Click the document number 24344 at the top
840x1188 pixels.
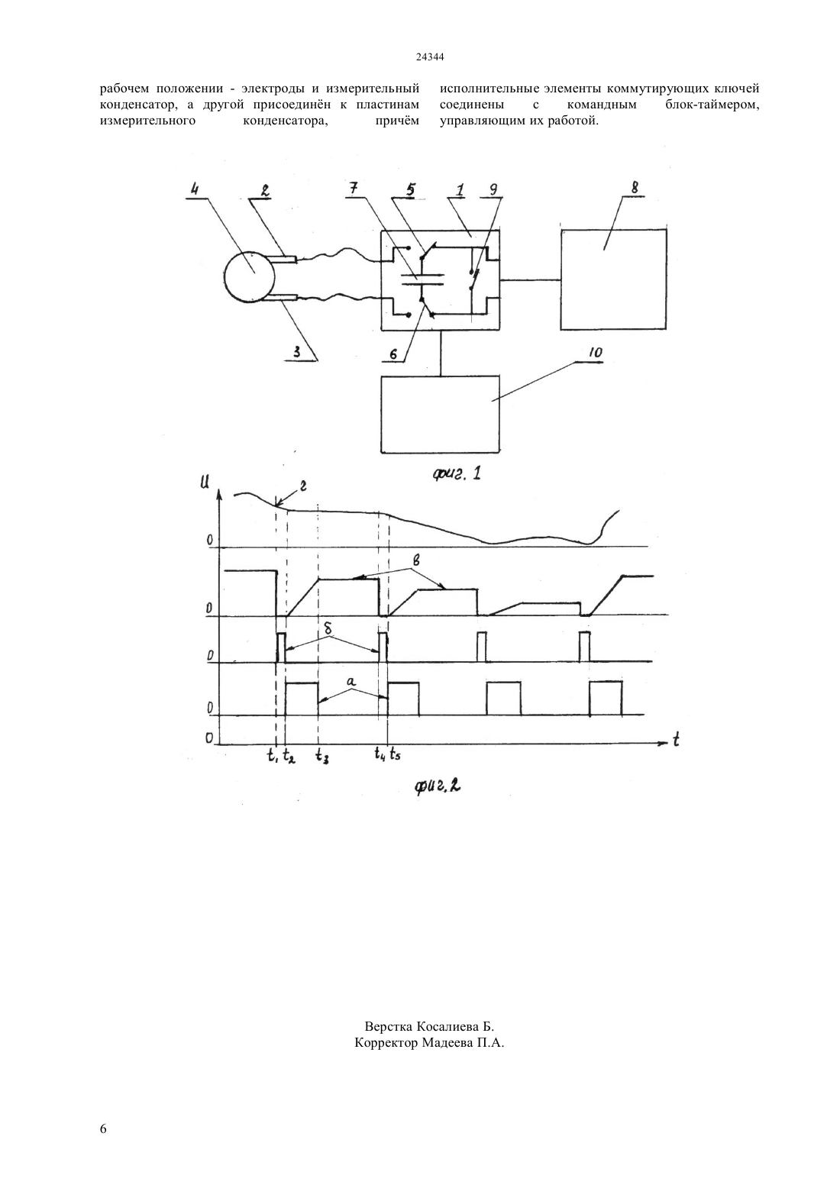point(429,58)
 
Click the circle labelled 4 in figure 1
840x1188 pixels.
point(249,277)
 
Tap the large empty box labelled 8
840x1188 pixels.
point(613,279)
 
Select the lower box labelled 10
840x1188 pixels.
point(440,415)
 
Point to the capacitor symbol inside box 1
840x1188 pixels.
point(422,279)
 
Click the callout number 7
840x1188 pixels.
point(354,189)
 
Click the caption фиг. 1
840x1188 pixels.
point(457,473)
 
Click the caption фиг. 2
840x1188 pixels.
point(438,786)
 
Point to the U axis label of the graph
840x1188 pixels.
point(205,482)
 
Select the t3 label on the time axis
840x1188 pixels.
point(321,755)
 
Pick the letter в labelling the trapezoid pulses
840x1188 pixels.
point(416,560)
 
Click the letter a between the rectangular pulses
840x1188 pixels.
point(351,680)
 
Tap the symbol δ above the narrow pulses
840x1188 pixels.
point(329,631)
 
